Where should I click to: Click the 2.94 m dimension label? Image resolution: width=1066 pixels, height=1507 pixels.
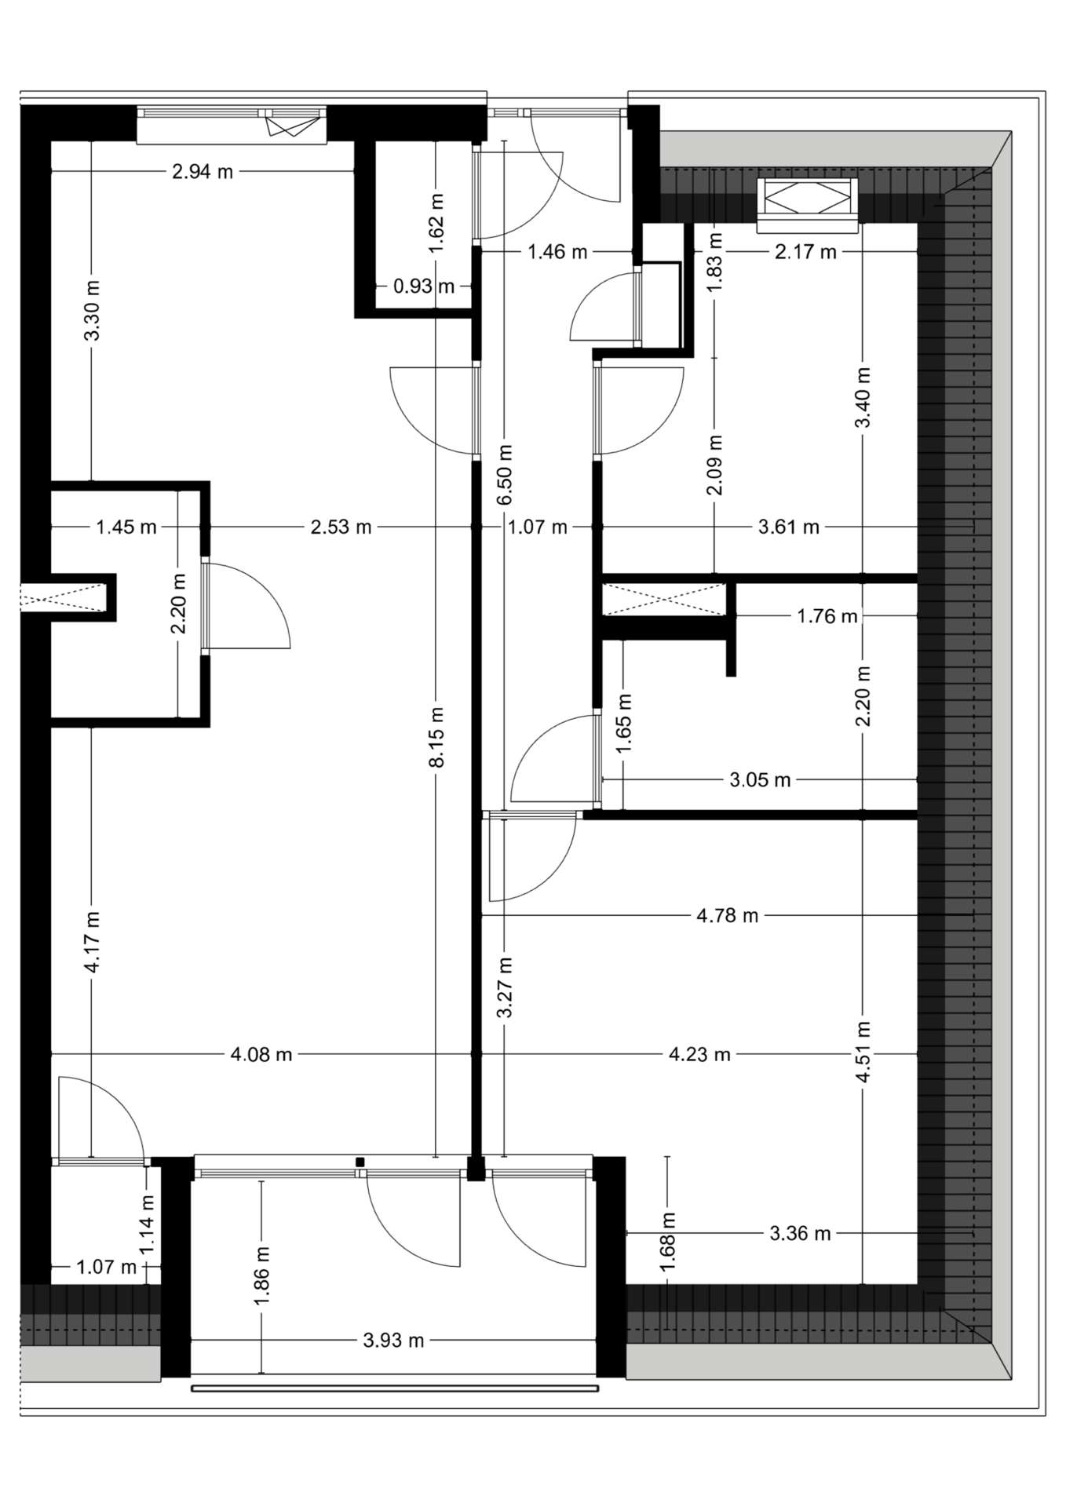point(203,172)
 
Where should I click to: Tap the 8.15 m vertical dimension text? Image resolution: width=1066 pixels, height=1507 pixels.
point(437,737)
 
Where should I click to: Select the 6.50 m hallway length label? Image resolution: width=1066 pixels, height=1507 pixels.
point(505,476)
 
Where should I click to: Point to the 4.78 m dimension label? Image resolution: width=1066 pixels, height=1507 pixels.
point(728,916)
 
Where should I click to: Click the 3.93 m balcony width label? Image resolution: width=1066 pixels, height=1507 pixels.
point(393,1341)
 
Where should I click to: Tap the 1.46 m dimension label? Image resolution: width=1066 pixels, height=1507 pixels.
point(557,252)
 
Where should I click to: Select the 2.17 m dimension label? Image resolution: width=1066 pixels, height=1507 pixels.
point(805,252)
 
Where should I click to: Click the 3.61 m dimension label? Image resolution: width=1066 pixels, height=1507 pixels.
point(789,527)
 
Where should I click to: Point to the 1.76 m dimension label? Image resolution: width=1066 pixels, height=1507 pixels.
point(827,617)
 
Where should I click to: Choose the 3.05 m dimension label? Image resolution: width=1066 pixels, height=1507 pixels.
point(760,780)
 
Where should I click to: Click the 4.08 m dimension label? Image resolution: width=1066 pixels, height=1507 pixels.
point(261,1055)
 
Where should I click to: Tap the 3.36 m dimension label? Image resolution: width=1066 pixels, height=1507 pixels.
point(800,1234)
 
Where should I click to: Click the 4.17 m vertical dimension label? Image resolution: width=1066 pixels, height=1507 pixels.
point(92,942)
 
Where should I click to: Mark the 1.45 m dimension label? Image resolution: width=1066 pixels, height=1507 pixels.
point(126,527)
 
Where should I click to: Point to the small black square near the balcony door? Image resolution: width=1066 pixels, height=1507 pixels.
point(360,1162)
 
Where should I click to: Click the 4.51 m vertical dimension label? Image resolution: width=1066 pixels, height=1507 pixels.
point(863,1053)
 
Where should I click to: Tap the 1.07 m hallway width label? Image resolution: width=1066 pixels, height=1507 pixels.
point(538,527)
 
